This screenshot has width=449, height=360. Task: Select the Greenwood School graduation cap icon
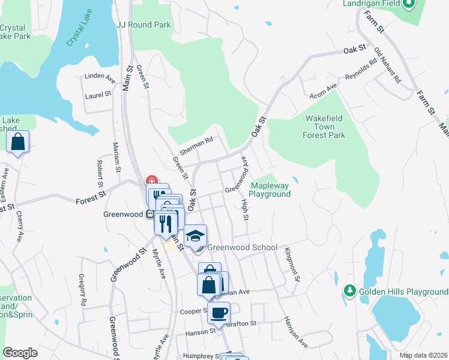(x=195, y=235)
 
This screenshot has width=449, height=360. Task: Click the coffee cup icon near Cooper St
(x=219, y=312)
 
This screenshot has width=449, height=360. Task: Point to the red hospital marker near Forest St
(x=151, y=180)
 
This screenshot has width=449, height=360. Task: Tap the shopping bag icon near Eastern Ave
(x=18, y=143)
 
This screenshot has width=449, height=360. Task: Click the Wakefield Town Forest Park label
(x=325, y=127)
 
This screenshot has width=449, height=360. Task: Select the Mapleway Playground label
(x=270, y=190)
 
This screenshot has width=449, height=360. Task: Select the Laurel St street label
(x=98, y=94)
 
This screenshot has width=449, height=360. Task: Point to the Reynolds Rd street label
(x=361, y=70)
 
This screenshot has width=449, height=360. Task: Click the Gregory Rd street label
(x=83, y=289)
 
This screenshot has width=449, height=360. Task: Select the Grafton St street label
(x=241, y=323)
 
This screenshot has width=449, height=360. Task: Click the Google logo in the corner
(x=20, y=352)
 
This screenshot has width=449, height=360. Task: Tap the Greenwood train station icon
(x=148, y=214)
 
